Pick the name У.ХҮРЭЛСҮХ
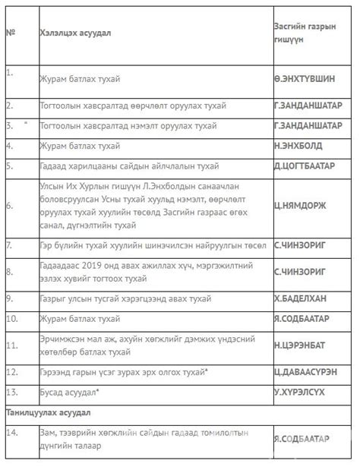pyautogui.click(x=302, y=392)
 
